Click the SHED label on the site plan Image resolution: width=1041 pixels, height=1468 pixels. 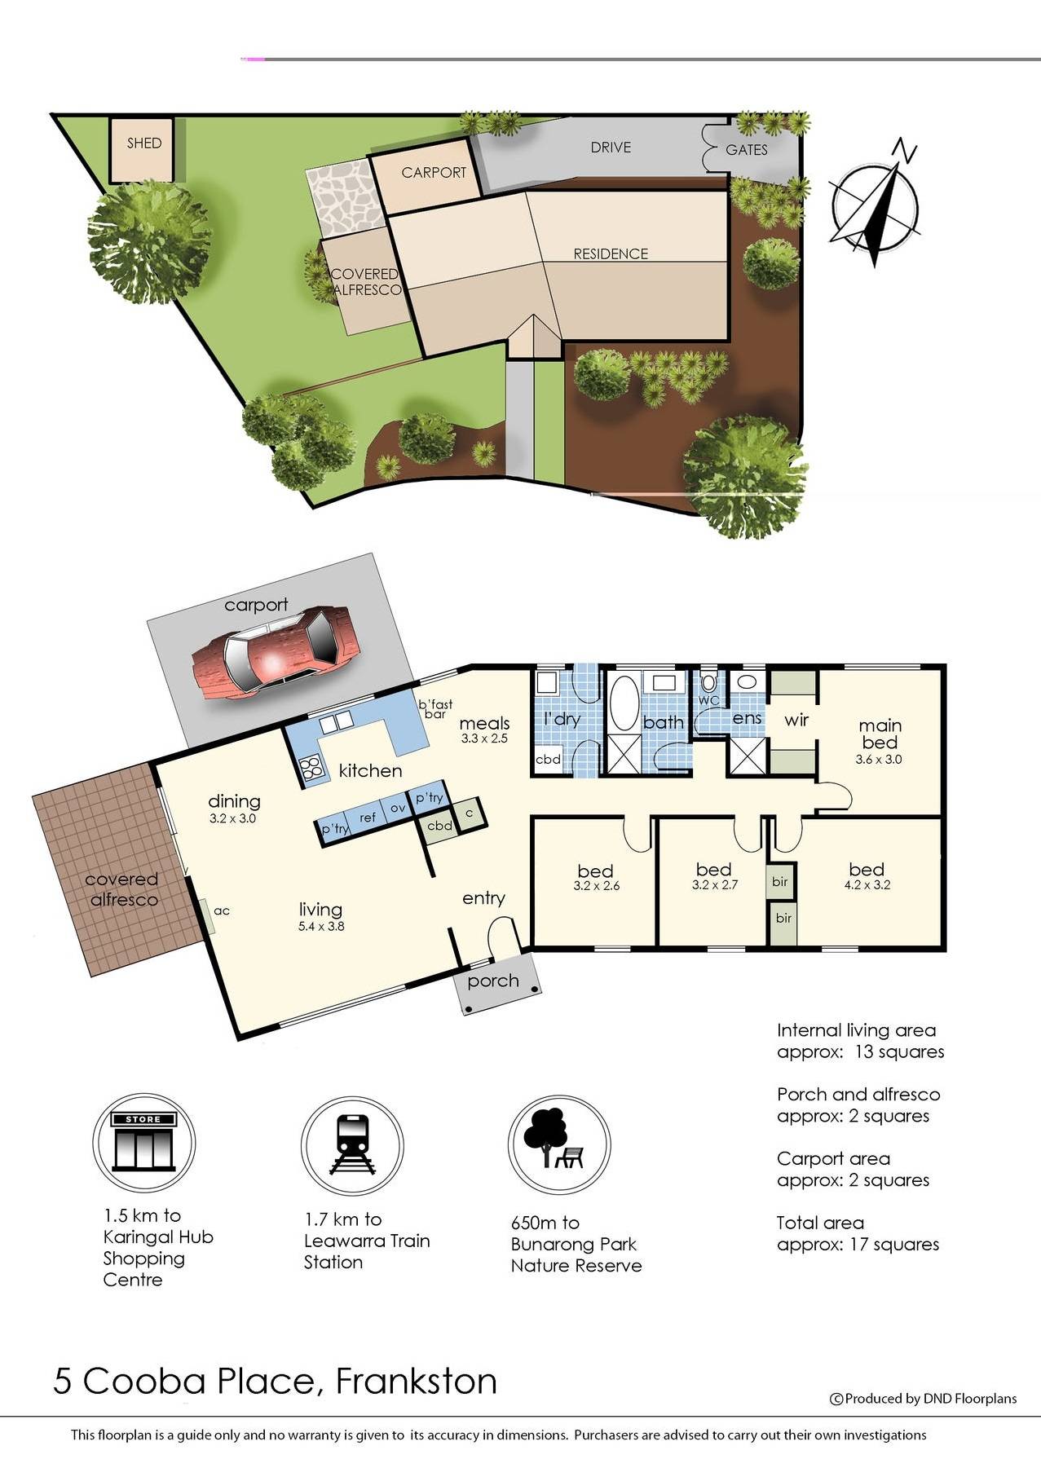[x=143, y=143]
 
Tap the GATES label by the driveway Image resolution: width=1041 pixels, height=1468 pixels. [x=746, y=150]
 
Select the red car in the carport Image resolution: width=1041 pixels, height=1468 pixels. [x=276, y=652]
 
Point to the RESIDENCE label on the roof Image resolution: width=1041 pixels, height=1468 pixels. [x=611, y=254]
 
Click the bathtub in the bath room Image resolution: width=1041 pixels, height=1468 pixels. [x=625, y=702]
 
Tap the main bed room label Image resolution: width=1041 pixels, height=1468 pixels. [x=880, y=734]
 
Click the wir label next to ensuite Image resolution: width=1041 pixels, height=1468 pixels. [x=796, y=720]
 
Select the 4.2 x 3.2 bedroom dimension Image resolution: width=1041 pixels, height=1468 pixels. [x=867, y=884]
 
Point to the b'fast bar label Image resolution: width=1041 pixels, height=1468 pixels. [x=435, y=709]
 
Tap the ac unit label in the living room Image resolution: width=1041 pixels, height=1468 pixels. [x=222, y=911]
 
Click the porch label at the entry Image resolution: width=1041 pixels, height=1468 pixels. [x=492, y=981]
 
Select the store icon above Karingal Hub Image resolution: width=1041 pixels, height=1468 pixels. [x=143, y=1144]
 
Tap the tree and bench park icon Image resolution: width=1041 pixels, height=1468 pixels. [x=558, y=1144]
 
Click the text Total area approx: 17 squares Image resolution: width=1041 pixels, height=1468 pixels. [x=858, y=1233]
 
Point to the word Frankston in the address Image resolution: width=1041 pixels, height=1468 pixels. [x=416, y=1381]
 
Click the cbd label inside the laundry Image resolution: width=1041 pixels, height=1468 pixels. [x=547, y=759]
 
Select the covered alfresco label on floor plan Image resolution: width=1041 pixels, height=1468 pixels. [x=121, y=889]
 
